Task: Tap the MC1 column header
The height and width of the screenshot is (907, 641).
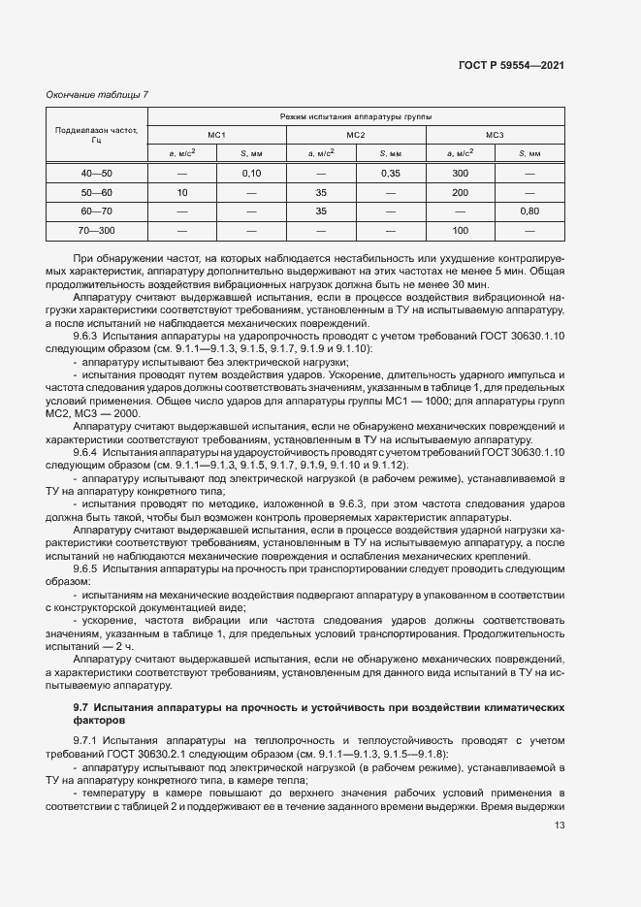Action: tap(216, 134)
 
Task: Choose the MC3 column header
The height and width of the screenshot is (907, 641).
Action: tap(495, 134)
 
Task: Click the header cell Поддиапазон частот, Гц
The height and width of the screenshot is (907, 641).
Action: tap(97, 134)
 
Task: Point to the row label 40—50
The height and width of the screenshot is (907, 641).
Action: tap(97, 173)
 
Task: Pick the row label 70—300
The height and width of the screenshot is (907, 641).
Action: tap(97, 231)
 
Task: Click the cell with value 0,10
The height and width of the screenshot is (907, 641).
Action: tap(252, 173)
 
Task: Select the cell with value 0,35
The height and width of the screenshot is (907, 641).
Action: tap(391, 173)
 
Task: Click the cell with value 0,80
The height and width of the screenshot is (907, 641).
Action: tap(529, 211)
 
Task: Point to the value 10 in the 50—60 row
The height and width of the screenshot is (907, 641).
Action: tap(181, 192)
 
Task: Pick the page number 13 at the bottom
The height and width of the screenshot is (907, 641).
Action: tap(559, 826)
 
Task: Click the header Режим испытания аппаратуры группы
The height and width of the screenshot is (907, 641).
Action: tap(356, 115)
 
